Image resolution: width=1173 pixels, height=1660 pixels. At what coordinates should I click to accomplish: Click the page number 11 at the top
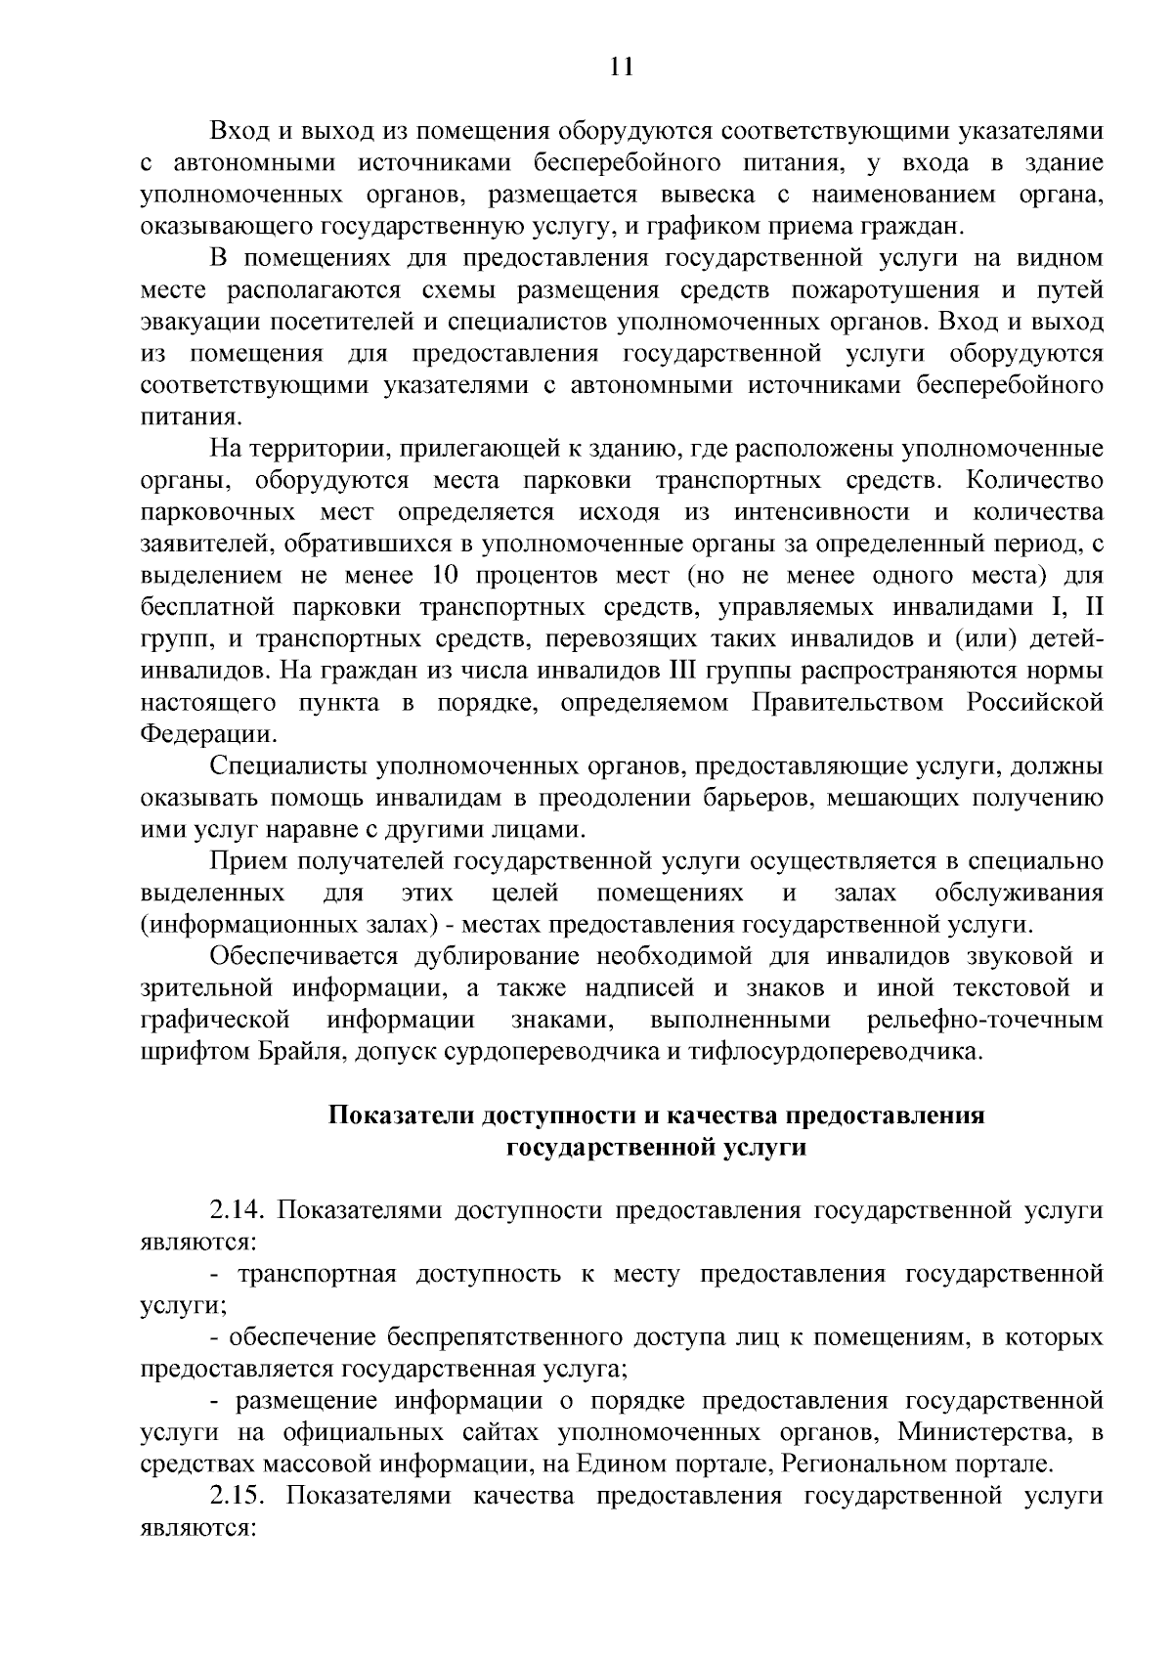[x=622, y=66]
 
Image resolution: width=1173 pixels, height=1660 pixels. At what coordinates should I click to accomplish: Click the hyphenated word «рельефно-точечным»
[x=984, y=1020]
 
